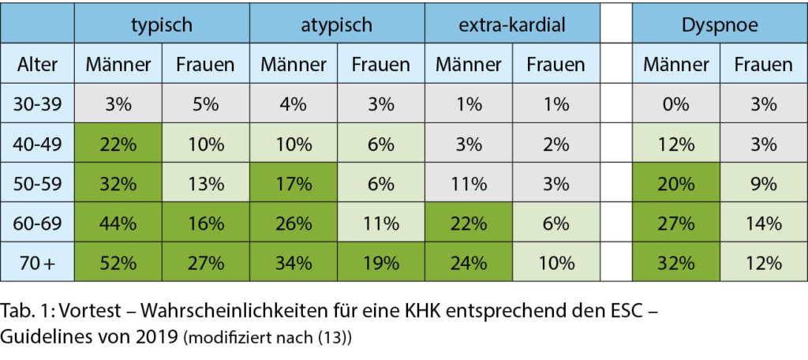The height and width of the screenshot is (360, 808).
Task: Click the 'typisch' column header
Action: point(162,24)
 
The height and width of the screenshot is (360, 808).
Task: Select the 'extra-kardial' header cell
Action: point(512,24)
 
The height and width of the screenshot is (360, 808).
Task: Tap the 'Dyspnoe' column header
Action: point(720,24)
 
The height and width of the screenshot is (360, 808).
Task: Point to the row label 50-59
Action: point(37,184)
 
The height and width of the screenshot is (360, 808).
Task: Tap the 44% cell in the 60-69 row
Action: point(118,223)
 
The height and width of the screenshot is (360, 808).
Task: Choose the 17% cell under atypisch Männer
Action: point(294,184)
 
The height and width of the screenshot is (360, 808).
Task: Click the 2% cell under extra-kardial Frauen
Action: point(555,144)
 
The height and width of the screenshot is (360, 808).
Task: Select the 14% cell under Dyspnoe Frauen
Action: point(763,223)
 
